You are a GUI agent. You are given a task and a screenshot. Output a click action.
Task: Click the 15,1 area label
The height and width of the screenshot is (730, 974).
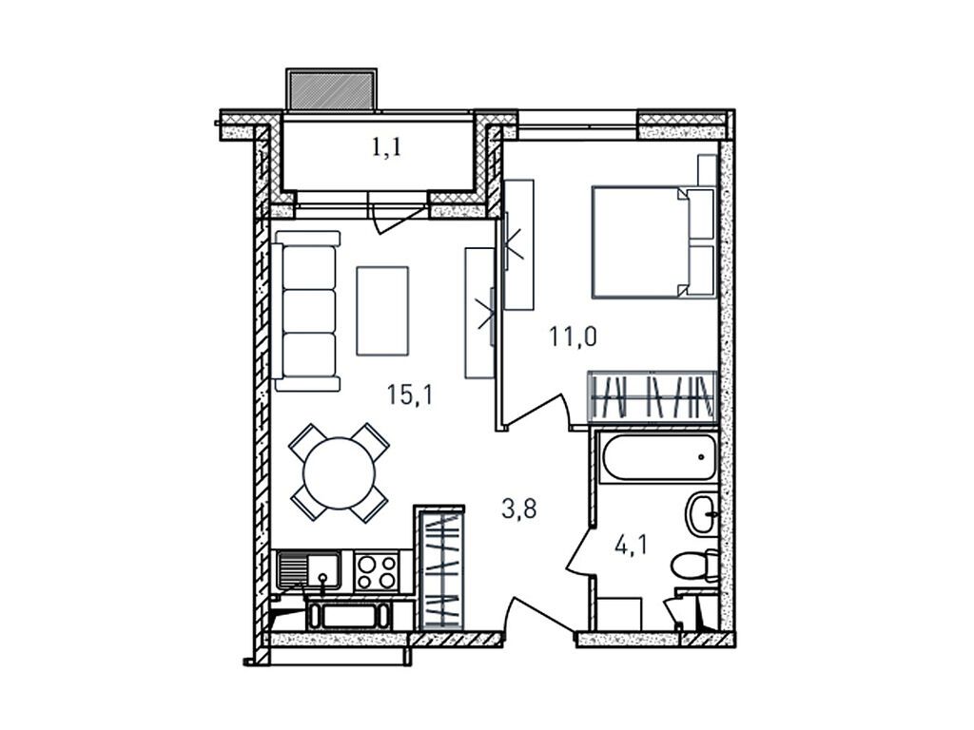410,394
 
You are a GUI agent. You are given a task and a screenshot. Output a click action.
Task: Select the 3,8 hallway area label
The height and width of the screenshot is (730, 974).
519,509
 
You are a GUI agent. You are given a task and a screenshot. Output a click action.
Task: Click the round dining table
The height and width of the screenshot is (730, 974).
339,471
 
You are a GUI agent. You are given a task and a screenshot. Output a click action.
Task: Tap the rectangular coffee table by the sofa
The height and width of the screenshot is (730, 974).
382,311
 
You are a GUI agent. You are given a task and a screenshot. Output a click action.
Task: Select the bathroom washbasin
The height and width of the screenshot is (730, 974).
705,514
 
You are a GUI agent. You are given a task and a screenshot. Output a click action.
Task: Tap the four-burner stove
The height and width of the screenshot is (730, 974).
377,572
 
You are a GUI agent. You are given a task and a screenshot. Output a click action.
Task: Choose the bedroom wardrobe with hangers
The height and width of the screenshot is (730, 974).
652,394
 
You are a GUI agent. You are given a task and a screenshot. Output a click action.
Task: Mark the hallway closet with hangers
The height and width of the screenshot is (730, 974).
440,567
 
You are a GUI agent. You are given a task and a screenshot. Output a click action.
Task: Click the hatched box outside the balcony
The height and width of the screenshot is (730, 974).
330,88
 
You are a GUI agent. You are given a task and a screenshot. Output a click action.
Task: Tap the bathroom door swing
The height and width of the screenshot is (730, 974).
581,551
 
